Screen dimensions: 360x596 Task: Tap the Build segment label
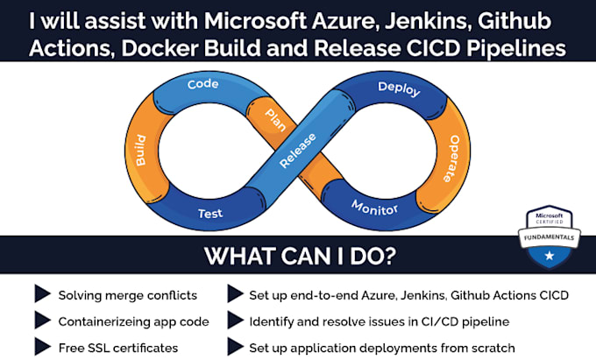point(139,152)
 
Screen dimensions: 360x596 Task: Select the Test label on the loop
point(209,213)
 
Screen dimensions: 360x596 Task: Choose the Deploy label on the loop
point(399,88)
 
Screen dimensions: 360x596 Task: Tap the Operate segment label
point(463,157)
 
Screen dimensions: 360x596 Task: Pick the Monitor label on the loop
point(375,208)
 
